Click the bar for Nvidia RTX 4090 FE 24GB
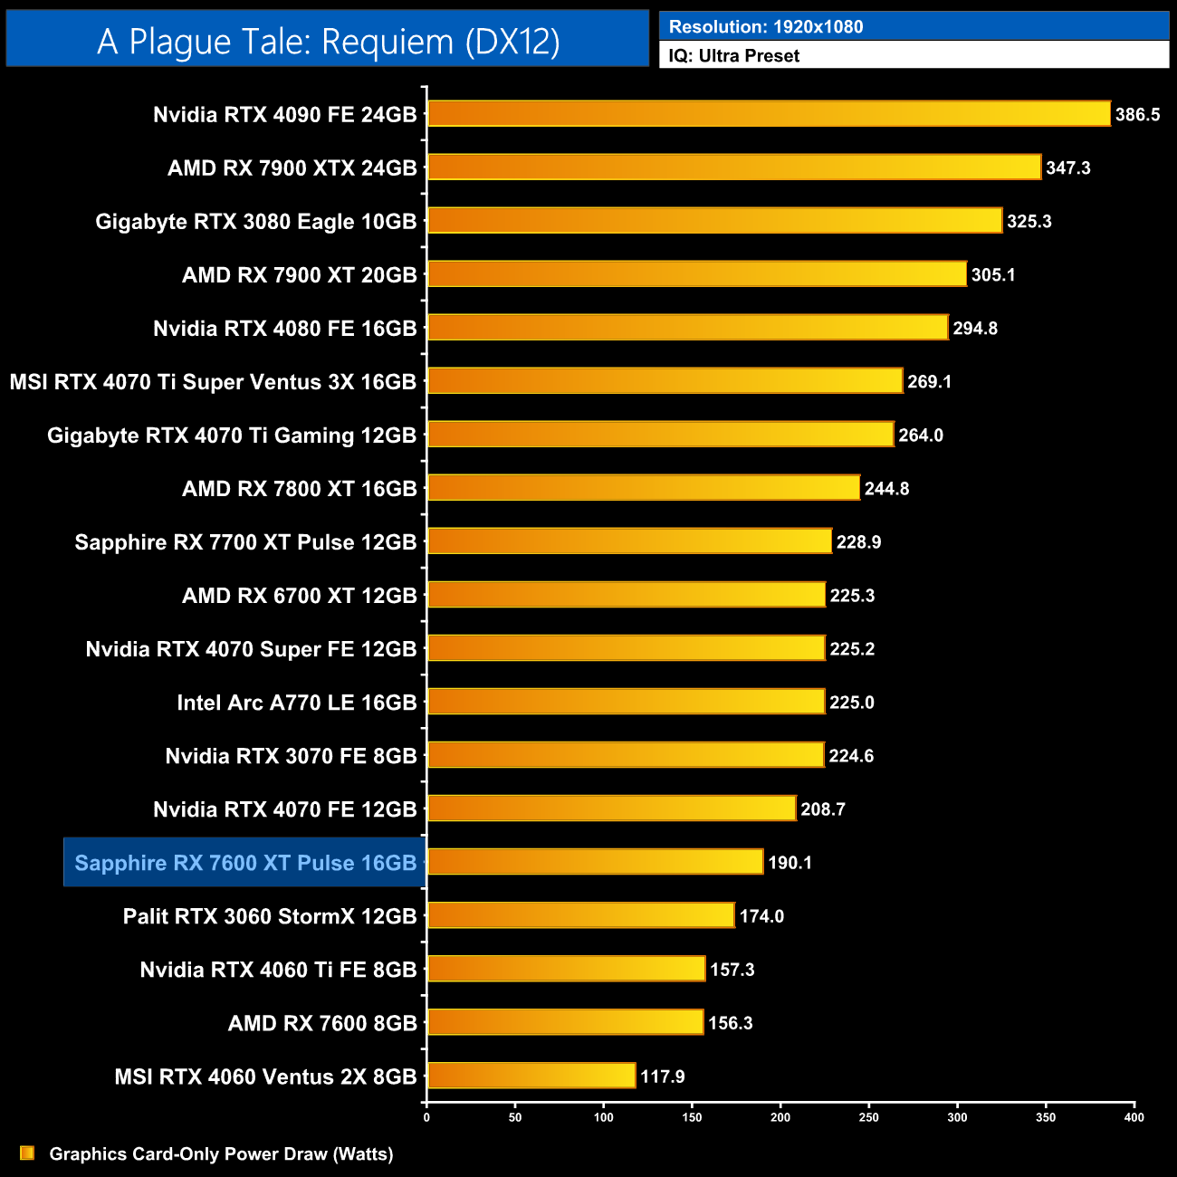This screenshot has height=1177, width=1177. click(x=768, y=114)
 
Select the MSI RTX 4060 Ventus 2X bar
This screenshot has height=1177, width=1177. click(x=531, y=1076)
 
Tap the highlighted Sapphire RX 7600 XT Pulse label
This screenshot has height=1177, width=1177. click(x=245, y=863)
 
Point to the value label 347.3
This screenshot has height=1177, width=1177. click(x=1068, y=168)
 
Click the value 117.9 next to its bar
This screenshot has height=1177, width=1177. click(x=663, y=1077)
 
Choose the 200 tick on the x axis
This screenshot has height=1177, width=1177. click(x=780, y=1117)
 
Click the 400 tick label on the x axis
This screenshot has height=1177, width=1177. click(x=1134, y=1117)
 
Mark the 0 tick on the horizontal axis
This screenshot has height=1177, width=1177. click(x=426, y=1117)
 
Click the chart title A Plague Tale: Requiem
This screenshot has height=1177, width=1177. click(x=328, y=42)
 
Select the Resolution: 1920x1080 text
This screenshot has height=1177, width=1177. click(x=766, y=27)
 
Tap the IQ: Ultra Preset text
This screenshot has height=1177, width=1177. click(x=734, y=56)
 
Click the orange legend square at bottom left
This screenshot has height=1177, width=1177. click(x=27, y=1153)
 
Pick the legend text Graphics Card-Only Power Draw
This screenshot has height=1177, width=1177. click(x=221, y=1154)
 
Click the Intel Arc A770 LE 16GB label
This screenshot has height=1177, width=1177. click(x=297, y=703)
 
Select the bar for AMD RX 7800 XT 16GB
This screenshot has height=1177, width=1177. click(x=643, y=488)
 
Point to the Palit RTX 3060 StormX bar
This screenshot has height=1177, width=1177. click(x=580, y=915)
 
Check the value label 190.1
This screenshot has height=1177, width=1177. click(x=790, y=863)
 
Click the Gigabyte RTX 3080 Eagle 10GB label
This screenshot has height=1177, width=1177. click(x=256, y=222)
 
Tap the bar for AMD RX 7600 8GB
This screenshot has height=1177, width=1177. click(x=565, y=1022)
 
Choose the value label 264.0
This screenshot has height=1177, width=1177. click(x=921, y=435)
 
